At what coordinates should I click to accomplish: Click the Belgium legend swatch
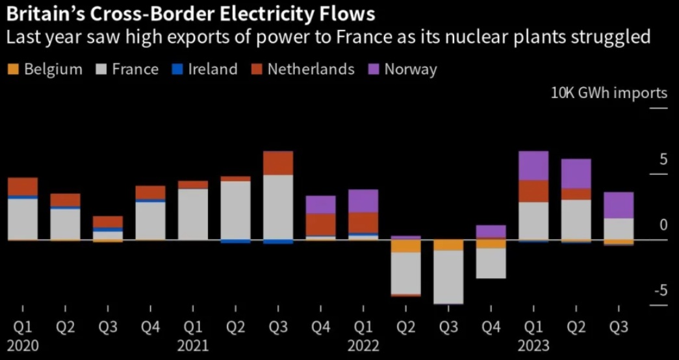click(14, 70)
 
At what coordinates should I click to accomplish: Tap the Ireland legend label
click(212, 70)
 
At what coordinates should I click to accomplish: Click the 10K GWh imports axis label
click(609, 93)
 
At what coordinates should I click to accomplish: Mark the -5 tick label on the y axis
click(660, 290)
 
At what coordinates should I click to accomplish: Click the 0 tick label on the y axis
click(663, 225)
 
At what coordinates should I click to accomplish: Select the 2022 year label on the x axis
click(363, 345)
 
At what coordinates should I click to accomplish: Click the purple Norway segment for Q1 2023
click(533, 166)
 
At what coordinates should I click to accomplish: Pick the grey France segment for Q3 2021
click(277, 207)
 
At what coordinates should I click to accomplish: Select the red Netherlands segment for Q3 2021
click(277, 163)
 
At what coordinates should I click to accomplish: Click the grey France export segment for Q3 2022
click(448, 277)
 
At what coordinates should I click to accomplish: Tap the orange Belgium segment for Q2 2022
click(405, 246)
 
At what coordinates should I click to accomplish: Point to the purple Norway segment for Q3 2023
click(619, 205)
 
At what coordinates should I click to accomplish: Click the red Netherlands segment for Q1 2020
click(23, 186)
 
